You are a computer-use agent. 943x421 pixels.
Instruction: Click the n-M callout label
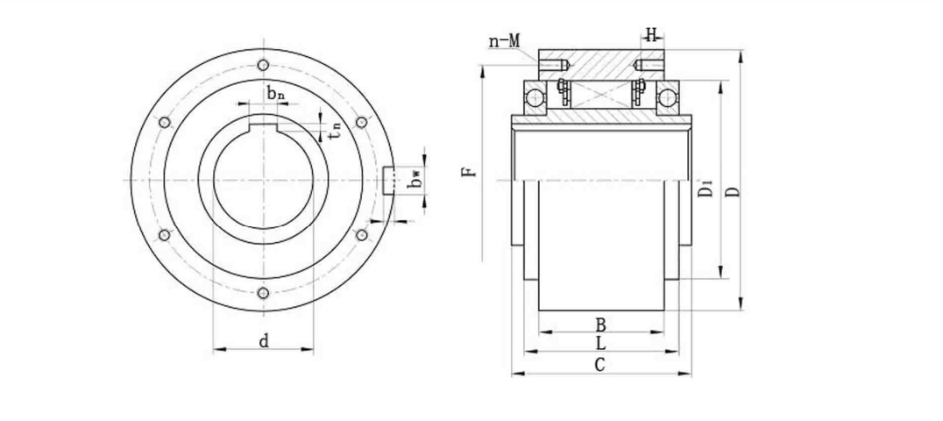pos(504,40)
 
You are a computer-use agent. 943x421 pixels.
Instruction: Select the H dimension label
pos(651,35)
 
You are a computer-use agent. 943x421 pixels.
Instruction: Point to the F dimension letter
pos(471,168)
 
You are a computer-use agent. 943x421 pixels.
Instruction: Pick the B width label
pos(600,324)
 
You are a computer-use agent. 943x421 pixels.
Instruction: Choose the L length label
pos(600,343)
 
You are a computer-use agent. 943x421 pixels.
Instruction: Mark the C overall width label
pos(600,365)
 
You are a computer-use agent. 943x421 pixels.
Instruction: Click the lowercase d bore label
pos(263,341)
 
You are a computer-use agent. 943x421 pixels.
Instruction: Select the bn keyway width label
pos(275,93)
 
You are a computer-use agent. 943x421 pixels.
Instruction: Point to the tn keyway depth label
pos(334,132)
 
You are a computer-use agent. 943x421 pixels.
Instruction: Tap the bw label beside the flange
pos(417,180)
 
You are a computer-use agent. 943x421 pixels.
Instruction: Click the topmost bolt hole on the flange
pos(263,65)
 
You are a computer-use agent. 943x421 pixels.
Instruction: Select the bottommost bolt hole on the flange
pos(263,294)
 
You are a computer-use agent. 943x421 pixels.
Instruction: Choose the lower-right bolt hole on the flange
pos(362,235)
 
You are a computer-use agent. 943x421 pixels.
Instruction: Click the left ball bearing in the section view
pos(535,96)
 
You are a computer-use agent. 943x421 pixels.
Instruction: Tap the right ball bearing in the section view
pos(669,96)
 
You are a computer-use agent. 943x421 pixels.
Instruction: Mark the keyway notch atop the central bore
pos(263,122)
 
